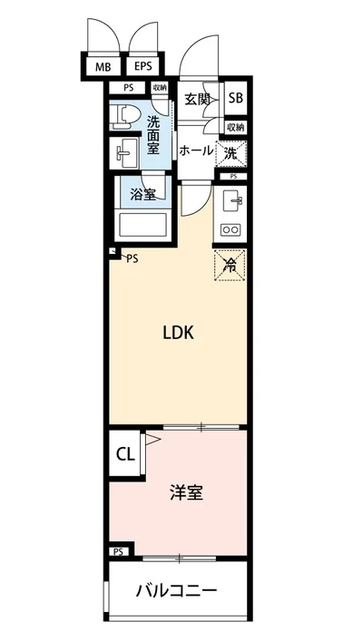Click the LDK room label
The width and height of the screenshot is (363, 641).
(178, 333)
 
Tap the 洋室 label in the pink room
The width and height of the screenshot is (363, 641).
(185, 493)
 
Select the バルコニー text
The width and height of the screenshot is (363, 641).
(177, 591)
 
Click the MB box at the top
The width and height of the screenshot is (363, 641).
(103, 67)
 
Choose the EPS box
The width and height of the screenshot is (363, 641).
(143, 67)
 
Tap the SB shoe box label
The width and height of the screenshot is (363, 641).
(235, 99)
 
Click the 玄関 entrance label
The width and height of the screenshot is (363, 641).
(197, 99)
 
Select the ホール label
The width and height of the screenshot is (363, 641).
(196, 151)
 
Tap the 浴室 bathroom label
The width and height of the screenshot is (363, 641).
(142, 193)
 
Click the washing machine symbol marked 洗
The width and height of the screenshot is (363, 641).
(231, 153)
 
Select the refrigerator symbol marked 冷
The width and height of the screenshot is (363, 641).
(230, 266)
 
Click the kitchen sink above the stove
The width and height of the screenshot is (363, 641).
(231, 199)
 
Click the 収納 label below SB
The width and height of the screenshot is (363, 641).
(234, 128)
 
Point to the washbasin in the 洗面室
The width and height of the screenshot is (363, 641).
(124, 152)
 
